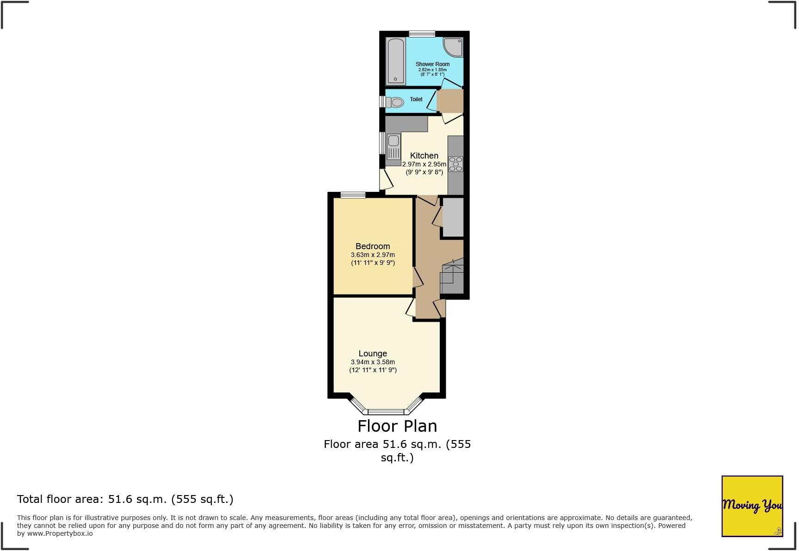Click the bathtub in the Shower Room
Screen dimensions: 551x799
pos(396,61)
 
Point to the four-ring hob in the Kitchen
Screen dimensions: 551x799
pos(455,164)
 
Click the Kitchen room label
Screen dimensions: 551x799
pos(424,156)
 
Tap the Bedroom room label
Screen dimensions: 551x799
pos(373,246)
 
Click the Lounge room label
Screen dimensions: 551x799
pos(373,354)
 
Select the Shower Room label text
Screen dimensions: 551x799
pos(432,64)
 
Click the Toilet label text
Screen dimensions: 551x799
pos(416,99)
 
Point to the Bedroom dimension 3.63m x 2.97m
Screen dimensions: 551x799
pos(373,255)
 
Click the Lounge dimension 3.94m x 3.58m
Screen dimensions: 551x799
pos(373,362)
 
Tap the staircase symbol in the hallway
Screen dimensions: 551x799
pos(452,277)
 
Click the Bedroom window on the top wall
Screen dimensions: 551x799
pos(353,195)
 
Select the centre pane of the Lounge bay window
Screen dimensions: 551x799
pos(386,411)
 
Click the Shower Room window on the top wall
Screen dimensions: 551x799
pos(422,34)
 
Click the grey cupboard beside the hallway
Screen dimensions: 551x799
pos(453,217)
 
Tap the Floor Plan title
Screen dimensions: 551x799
pos(397,426)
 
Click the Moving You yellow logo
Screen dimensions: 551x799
pos(752,506)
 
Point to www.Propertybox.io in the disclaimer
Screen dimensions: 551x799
pos(60,533)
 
